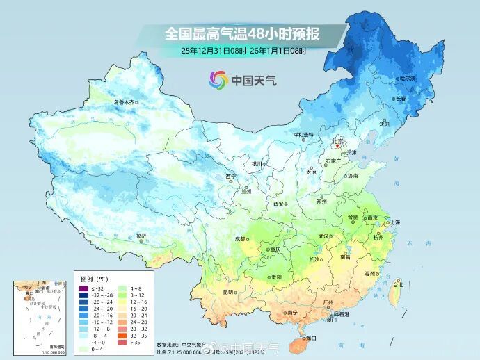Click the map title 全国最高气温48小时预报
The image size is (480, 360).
pyautogui.click(x=239, y=33)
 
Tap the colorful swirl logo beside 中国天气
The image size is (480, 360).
pyautogui.click(x=218, y=80)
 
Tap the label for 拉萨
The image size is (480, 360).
pyautogui.click(x=141, y=236)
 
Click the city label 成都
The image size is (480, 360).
pyautogui.click(x=240, y=238)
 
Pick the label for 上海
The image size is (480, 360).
pyautogui.click(x=395, y=222)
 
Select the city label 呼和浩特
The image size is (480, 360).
pyautogui.click(x=303, y=134)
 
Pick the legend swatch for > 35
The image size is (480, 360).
pyautogui.click(x=122, y=342)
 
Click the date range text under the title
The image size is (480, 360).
pyautogui.click(x=243, y=51)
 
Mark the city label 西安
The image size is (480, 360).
pyautogui.click(x=279, y=204)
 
